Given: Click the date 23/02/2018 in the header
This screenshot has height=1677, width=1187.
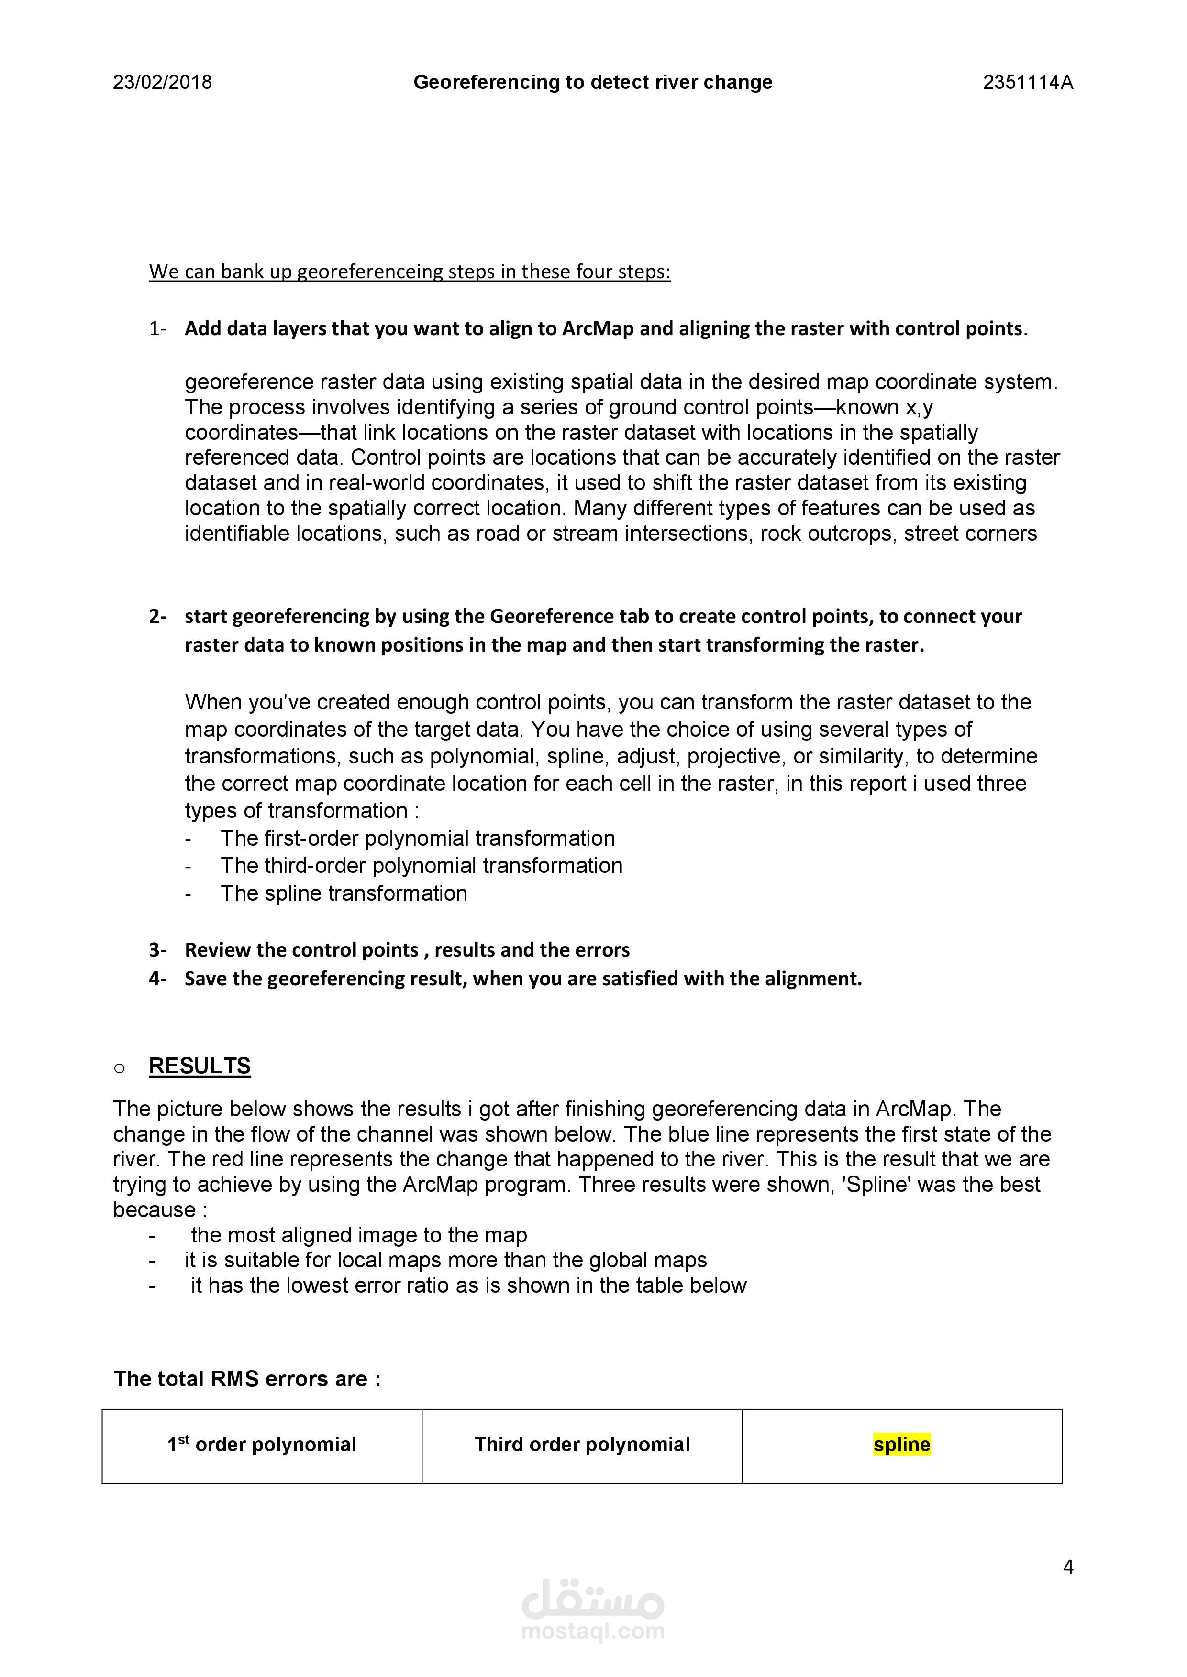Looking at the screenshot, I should pos(162,83).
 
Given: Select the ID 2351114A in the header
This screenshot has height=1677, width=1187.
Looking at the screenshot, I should pos(1028,83).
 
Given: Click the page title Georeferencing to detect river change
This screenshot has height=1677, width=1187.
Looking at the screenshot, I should pos(593,83).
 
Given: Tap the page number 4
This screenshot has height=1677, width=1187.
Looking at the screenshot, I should pos(1068,1568).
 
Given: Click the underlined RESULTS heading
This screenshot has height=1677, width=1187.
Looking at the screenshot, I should pos(200,1067).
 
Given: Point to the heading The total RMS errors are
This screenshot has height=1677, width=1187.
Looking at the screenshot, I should pos(247,1379).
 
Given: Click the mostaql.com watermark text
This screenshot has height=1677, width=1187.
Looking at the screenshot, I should pos(593,1632).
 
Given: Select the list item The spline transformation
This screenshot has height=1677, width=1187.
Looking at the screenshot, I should pos(344,893).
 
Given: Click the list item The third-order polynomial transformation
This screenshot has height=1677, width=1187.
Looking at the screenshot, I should pos(421,866).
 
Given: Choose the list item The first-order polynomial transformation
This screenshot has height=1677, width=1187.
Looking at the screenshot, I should pos(417,838).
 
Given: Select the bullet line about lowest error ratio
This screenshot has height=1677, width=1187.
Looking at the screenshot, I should pos(468,1285).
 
